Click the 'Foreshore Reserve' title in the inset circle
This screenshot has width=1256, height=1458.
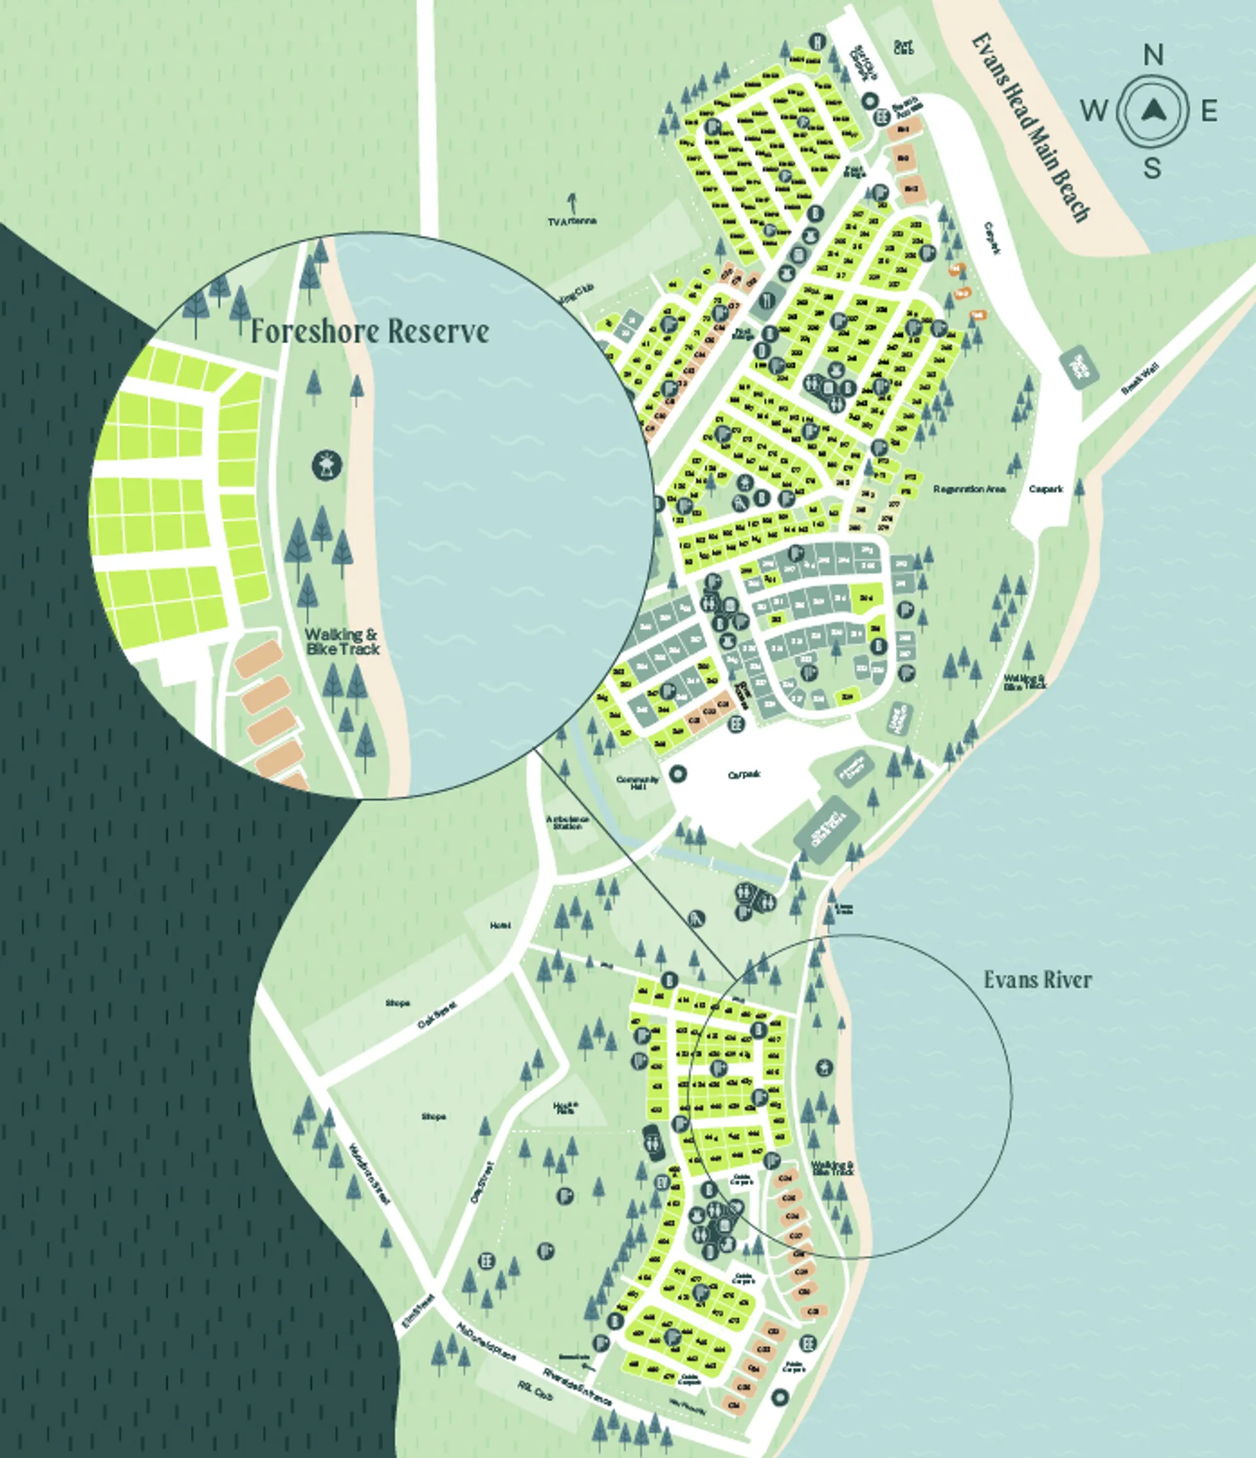pyautogui.click(x=370, y=331)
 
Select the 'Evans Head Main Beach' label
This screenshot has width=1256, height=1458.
pyautogui.click(x=1032, y=128)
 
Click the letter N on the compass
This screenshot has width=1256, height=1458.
pyautogui.click(x=1153, y=55)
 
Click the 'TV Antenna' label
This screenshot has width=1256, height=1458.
pyautogui.click(x=572, y=221)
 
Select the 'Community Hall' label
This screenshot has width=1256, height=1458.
pyautogui.click(x=638, y=783)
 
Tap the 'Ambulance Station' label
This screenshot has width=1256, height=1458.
pyautogui.click(x=567, y=823)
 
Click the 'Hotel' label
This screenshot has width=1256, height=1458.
pyautogui.click(x=500, y=926)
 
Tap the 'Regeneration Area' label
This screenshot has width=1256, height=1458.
pyautogui.click(x=969, y=489)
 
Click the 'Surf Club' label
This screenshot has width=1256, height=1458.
pyautogui.click(x=903, y=47)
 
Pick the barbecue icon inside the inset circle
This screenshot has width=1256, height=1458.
pyautogui.click(x=326, y=465)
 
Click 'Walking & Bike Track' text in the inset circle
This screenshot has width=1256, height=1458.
pyautogui.click(x=342, y=642)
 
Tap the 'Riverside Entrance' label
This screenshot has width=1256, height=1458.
pyautogui.click(x=577, y=1386)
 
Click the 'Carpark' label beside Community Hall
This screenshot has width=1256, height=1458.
pyautogui.click(x=744, y=774)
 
